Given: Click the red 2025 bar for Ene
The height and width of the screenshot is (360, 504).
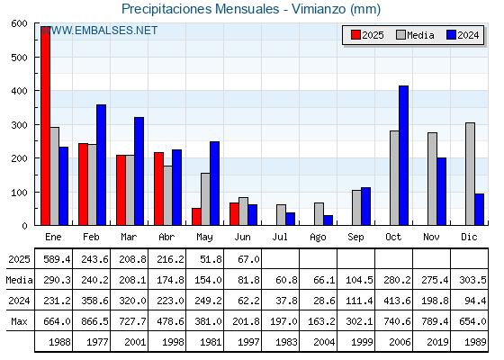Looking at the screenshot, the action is (46, 126).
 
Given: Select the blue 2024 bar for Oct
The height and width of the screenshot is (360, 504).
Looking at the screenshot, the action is (404, 156).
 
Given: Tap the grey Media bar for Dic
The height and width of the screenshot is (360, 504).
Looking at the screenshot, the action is (470, 174).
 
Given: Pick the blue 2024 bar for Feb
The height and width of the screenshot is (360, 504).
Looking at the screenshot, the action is (101, 165).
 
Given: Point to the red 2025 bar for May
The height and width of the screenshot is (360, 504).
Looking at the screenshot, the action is (196, 217).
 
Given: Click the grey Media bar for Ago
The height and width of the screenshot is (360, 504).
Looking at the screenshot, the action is (319, 214).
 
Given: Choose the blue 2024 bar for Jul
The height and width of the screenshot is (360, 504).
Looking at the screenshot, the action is (290, 219).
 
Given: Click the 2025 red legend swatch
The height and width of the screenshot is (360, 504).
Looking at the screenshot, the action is (355, 35).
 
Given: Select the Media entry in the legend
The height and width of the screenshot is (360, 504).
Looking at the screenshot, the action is (415, 35).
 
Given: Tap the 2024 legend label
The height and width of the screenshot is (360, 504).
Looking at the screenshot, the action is (468, 35).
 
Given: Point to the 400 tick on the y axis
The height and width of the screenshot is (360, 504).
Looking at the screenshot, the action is (19, 91).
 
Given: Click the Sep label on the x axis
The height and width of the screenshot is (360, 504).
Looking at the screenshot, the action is (355, 238).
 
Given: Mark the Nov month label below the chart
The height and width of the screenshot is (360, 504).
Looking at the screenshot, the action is (431, 238).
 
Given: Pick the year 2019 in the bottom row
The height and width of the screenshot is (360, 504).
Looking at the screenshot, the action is (437, 342).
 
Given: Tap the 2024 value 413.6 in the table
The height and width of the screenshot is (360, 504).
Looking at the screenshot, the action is (397, 301).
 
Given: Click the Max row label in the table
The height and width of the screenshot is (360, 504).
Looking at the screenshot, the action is (19, 321).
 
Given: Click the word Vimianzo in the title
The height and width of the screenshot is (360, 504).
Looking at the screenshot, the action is (319, 9).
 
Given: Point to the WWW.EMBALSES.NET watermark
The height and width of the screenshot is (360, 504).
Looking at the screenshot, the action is (99, 31).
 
